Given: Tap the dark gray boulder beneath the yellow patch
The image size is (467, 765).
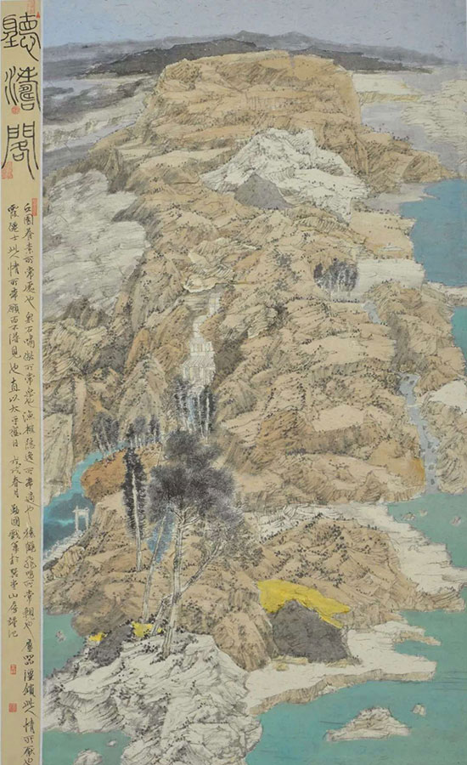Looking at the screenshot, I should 310,633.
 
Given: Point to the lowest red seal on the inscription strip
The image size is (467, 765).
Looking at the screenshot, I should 15,705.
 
